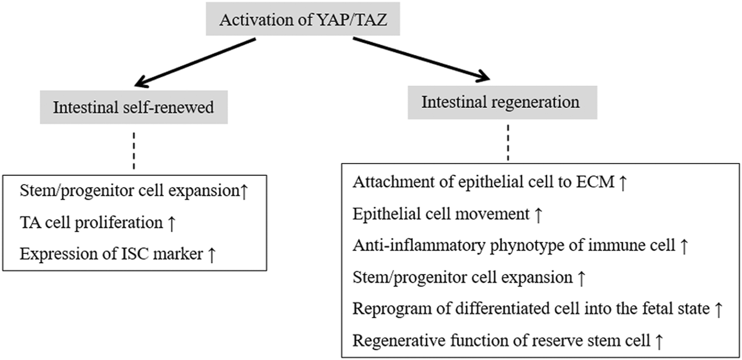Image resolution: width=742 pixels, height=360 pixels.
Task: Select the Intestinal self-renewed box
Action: (134, 107)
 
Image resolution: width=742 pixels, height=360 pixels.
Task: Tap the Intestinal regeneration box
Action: (501, 102)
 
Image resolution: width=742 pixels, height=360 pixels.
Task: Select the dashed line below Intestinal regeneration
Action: (507, 145)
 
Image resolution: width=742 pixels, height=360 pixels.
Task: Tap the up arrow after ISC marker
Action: (211, 254)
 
